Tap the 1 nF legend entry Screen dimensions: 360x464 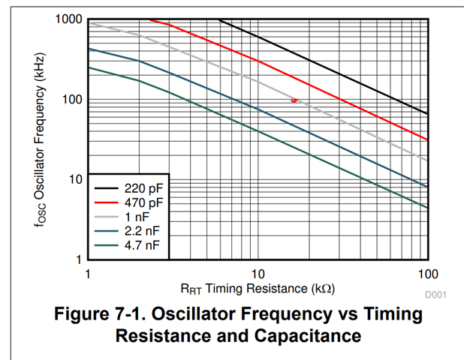tap(143, 217)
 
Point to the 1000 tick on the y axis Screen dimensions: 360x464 tap(68, 19)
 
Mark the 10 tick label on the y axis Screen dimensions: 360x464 tap(74, 180)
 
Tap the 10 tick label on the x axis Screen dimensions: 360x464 tap(258, 274)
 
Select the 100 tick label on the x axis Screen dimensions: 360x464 tap(427, 274)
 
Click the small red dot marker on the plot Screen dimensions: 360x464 tap(294, 100)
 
